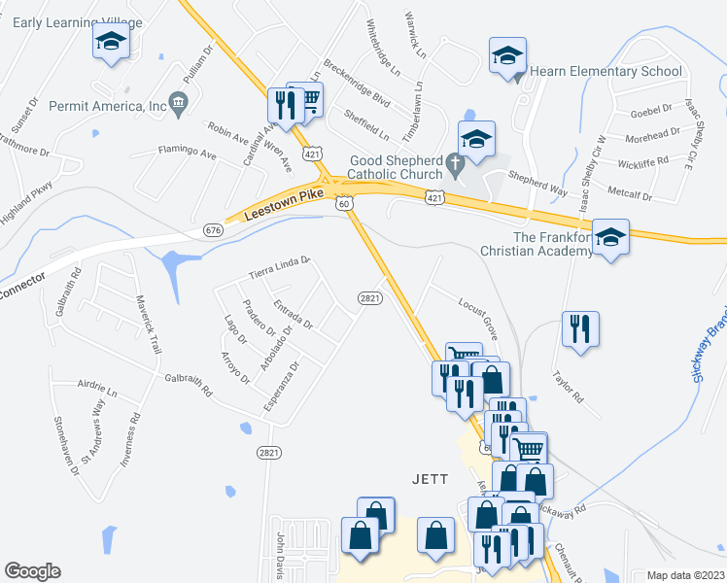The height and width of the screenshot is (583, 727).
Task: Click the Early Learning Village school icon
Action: coord(111,43)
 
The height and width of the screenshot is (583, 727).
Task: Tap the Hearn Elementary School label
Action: coord(606,71)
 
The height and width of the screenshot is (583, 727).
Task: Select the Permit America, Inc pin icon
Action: coord(178,103)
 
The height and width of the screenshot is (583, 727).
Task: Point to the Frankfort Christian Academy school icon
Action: coord(610,237)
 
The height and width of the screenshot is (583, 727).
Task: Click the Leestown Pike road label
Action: coord(284,208)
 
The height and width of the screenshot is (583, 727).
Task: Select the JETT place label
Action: coord(429,479)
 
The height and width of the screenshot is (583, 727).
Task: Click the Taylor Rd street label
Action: coord(567,388)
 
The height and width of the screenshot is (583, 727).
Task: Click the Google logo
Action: coord(32,571)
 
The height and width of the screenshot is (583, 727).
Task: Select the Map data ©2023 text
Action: coord(684,574)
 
